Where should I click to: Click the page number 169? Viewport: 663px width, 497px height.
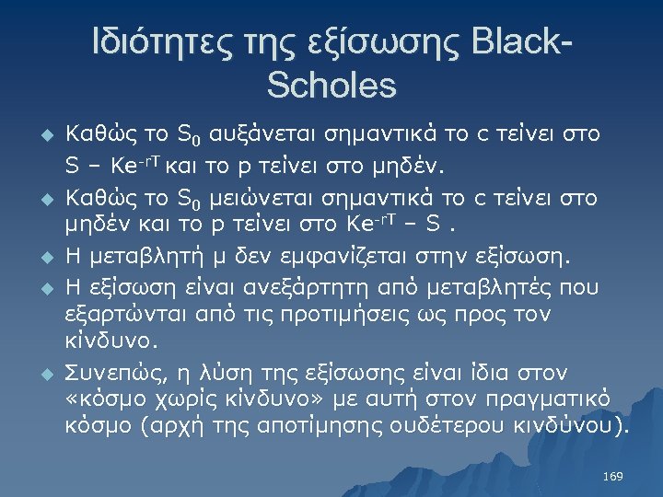click(x=611, y=476)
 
